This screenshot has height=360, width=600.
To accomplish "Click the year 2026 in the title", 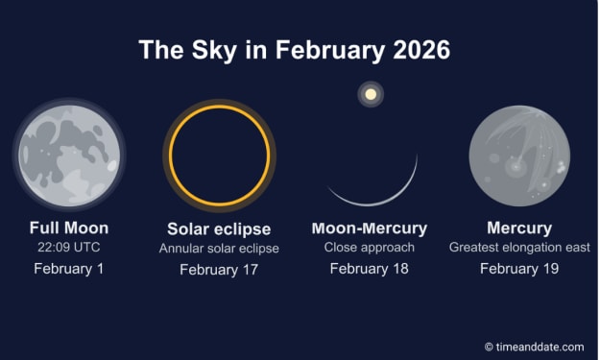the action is (x=421, y=50).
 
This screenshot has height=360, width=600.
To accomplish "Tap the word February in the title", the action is (x=330, y=51).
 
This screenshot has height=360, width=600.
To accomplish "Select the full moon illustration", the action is (x=69, y=156).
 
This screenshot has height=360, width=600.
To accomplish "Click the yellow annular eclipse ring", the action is (x=170, y=156).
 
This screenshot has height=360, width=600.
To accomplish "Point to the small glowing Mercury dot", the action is (x=371, y=94).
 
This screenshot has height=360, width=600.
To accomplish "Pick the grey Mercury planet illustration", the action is (x=519, y=156).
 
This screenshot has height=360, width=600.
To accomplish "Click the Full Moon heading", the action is (x=69, y=228).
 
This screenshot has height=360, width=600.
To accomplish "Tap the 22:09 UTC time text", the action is (x=69, y=247).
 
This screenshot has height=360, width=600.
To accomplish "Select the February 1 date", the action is (x=69, y=269).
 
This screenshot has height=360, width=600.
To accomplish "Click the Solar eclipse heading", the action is (x=219, y=229).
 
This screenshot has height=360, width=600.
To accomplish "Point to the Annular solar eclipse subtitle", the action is (x=219, y=249).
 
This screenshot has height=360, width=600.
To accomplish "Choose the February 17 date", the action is (x=219, y=270).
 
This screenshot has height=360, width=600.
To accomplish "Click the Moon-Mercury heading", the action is (x=370, y=228).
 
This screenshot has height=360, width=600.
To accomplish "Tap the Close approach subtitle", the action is (x=370, y=248).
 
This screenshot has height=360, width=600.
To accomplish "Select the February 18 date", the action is (x=370, y=269).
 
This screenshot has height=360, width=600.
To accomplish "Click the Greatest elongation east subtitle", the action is (x=519, y=248).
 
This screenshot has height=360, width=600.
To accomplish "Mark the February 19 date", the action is (x=519, y=269).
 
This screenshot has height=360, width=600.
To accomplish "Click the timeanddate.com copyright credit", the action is (x=534, y=347).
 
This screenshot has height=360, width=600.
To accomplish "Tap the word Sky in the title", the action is (x=214, y=51).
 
